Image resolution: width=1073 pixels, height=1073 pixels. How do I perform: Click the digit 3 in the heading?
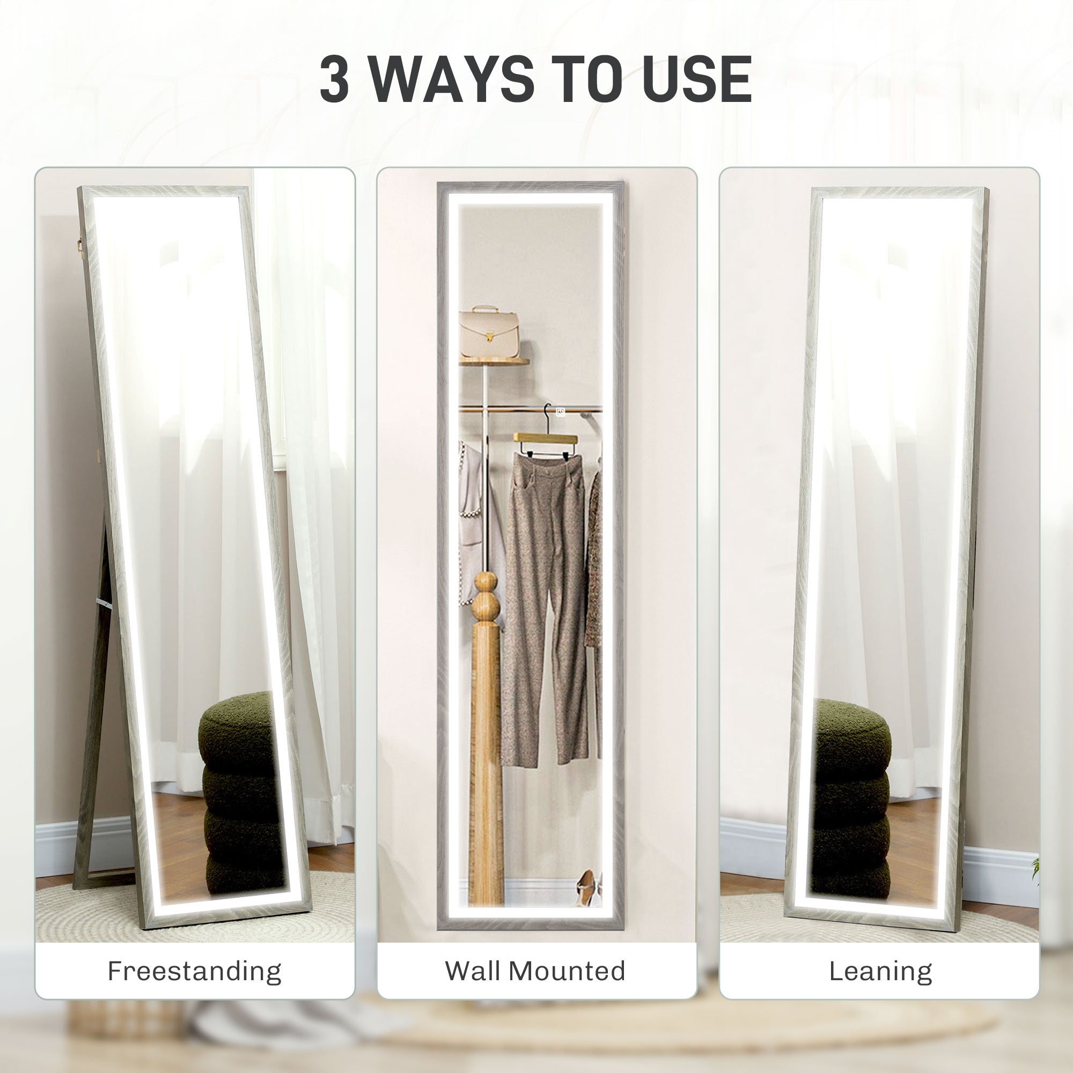click(x=335, y=79)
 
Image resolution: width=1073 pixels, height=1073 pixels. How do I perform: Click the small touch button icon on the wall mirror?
click(x=561, y=412)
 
